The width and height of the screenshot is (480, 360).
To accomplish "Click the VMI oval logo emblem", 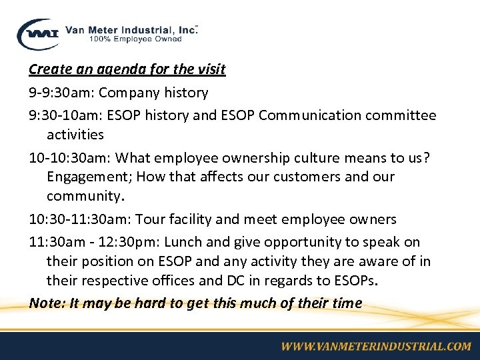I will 39,33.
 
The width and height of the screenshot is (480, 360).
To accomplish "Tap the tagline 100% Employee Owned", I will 135,39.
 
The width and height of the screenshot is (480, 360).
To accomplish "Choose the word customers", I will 319,177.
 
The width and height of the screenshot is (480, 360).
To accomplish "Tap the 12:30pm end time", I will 129,241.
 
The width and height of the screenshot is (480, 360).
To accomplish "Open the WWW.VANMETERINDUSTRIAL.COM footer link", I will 375,346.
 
